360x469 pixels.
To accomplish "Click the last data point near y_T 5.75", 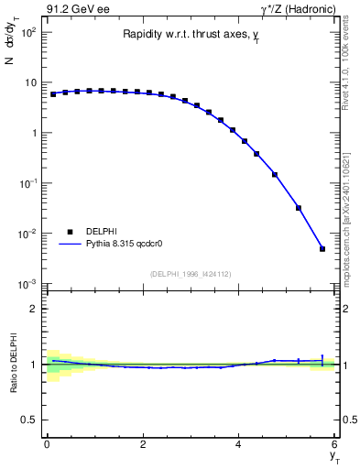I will coord(322,248).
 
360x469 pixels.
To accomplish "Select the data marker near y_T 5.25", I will coord(299,208).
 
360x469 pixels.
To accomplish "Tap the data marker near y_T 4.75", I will coord(275,174).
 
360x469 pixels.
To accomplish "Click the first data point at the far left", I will coord(53,94).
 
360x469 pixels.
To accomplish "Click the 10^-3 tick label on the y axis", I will coord(27,284).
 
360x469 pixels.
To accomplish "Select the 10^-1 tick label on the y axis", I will coord(27,183).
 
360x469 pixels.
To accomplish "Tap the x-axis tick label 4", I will coord(239,444).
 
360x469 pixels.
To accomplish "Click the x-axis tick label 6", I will coord(334,444).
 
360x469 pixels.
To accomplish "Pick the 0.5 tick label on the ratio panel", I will coord(29,420).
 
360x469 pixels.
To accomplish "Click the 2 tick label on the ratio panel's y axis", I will coord(33,309).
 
